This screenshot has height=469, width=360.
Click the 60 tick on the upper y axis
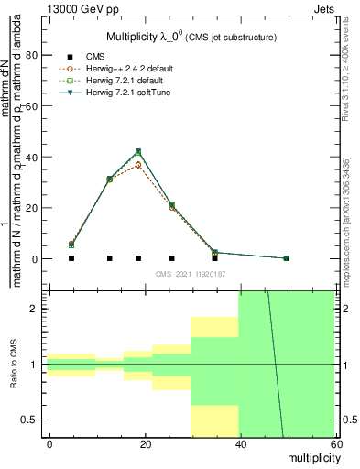29,105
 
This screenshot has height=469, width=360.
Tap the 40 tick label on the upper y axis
29,157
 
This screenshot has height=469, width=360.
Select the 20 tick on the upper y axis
29,208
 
